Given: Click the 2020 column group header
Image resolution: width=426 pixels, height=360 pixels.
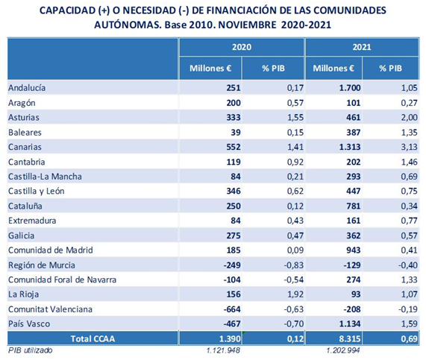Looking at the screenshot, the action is (242, 47).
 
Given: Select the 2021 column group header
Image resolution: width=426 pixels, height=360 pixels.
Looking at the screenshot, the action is (362, 47).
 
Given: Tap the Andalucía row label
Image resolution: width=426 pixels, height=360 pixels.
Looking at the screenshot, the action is (27, 88).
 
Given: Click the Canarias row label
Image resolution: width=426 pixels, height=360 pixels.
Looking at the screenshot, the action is (25, 147).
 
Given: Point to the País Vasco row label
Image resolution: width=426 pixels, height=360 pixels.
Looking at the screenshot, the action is (29, 323).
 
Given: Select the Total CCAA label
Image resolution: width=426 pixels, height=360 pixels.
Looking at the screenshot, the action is (93, 338).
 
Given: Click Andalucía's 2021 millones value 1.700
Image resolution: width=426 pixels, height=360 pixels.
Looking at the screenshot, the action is (350, 88).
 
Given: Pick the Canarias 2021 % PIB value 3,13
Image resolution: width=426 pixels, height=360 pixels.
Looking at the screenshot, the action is (409, 147).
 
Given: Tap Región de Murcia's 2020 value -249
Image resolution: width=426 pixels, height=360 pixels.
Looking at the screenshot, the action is (232, 265).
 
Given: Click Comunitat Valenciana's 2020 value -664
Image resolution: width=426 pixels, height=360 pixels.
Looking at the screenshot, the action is (232, 309).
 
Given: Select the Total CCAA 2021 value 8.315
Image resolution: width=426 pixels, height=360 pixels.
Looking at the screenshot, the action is (350, 338).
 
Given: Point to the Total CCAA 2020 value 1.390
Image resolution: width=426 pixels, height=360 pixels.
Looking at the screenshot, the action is (230, 338).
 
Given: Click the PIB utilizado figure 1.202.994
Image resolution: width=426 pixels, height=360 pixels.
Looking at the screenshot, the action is (343, 350).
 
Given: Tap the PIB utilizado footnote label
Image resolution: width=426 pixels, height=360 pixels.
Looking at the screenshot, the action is (30, 350).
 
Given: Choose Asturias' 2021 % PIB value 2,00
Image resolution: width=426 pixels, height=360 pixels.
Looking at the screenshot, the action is (409, 117).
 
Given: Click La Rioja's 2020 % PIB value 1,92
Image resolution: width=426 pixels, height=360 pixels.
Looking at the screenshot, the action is (295, 294).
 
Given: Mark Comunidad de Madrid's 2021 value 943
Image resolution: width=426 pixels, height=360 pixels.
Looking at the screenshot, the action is (353, 250).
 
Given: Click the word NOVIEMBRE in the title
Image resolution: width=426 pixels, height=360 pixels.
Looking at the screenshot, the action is (247, 25).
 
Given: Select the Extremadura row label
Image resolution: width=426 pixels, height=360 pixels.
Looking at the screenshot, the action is (32, 221).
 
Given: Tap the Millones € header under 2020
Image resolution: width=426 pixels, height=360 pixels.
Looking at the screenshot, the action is (210, 68).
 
